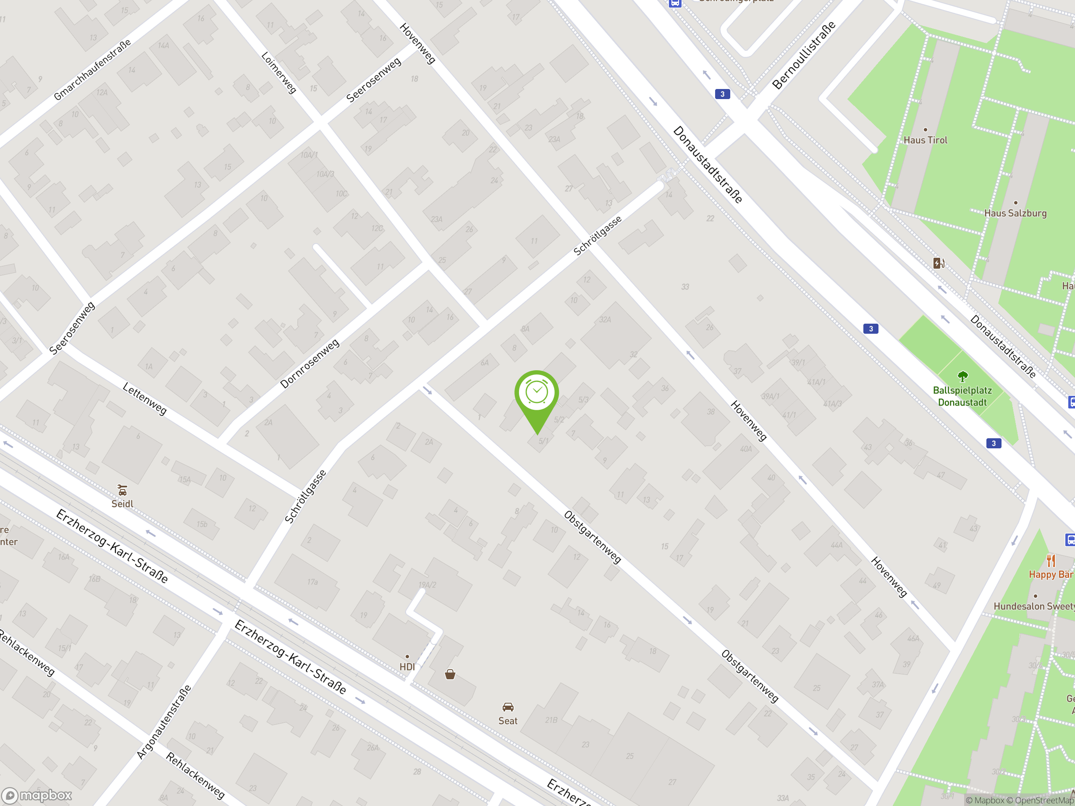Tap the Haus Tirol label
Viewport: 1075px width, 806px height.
[926, 140]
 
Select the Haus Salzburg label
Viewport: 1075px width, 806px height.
[1015, 213]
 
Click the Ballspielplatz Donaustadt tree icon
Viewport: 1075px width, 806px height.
[962, 376]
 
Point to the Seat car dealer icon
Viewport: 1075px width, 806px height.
[508, 707]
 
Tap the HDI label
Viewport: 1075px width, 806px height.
[407, 667]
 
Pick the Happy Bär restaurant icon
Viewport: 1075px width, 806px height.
[1051, 561]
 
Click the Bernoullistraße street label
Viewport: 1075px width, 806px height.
[804, 55]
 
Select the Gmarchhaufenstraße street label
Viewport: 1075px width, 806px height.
[92, 69]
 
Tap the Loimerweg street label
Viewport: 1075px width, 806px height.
[278, 72]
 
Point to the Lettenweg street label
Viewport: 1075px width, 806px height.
[145, 398]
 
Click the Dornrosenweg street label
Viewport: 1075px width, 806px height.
[309, 364]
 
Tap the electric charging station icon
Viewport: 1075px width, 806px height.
[939, 263]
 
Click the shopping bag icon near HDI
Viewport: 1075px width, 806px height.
[450, 674]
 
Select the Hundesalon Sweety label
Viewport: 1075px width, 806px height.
[1033, 606]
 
